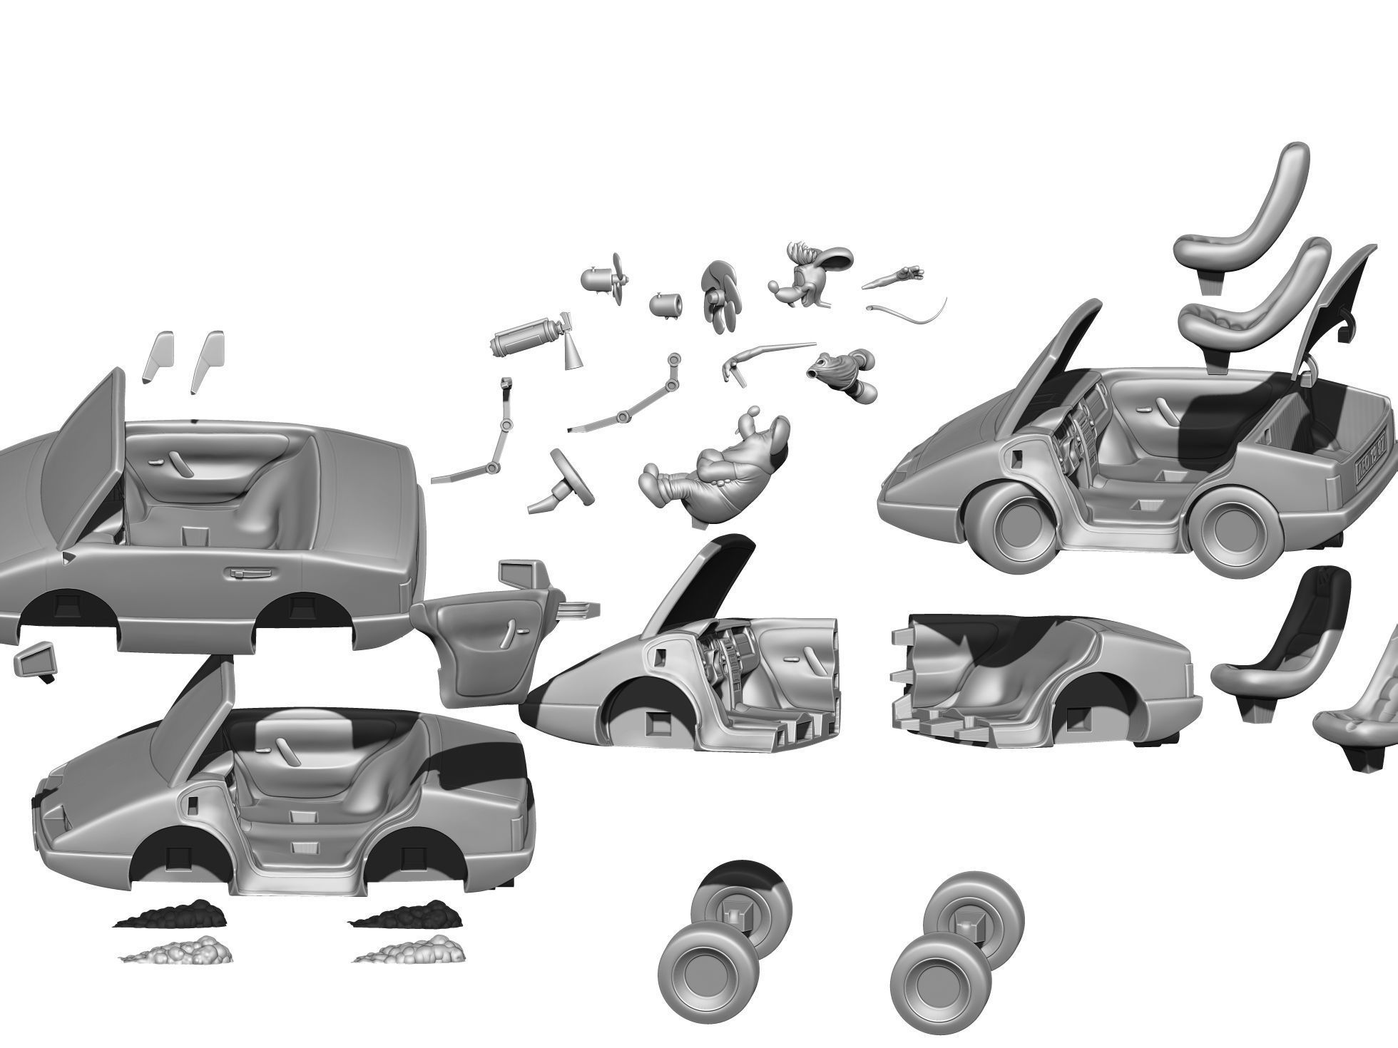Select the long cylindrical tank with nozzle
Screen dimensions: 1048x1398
coord(526,339)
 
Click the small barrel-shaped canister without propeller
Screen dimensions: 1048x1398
coord(665,304)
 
